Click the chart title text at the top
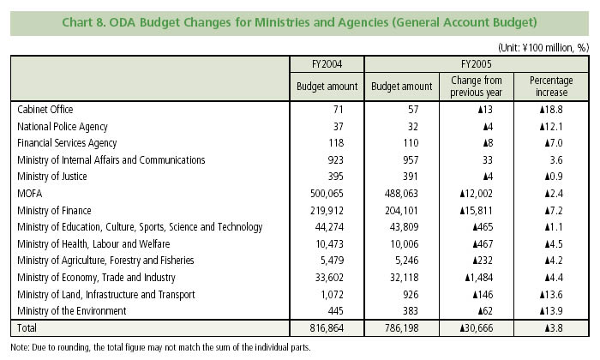300,21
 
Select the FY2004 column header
327,63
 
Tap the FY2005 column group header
476,63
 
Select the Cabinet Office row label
45,110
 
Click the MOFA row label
30,193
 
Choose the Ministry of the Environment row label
73,310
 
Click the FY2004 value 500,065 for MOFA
337,193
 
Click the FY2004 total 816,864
337,328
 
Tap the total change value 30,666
484,328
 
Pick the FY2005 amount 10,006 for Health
416,243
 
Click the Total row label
27,328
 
